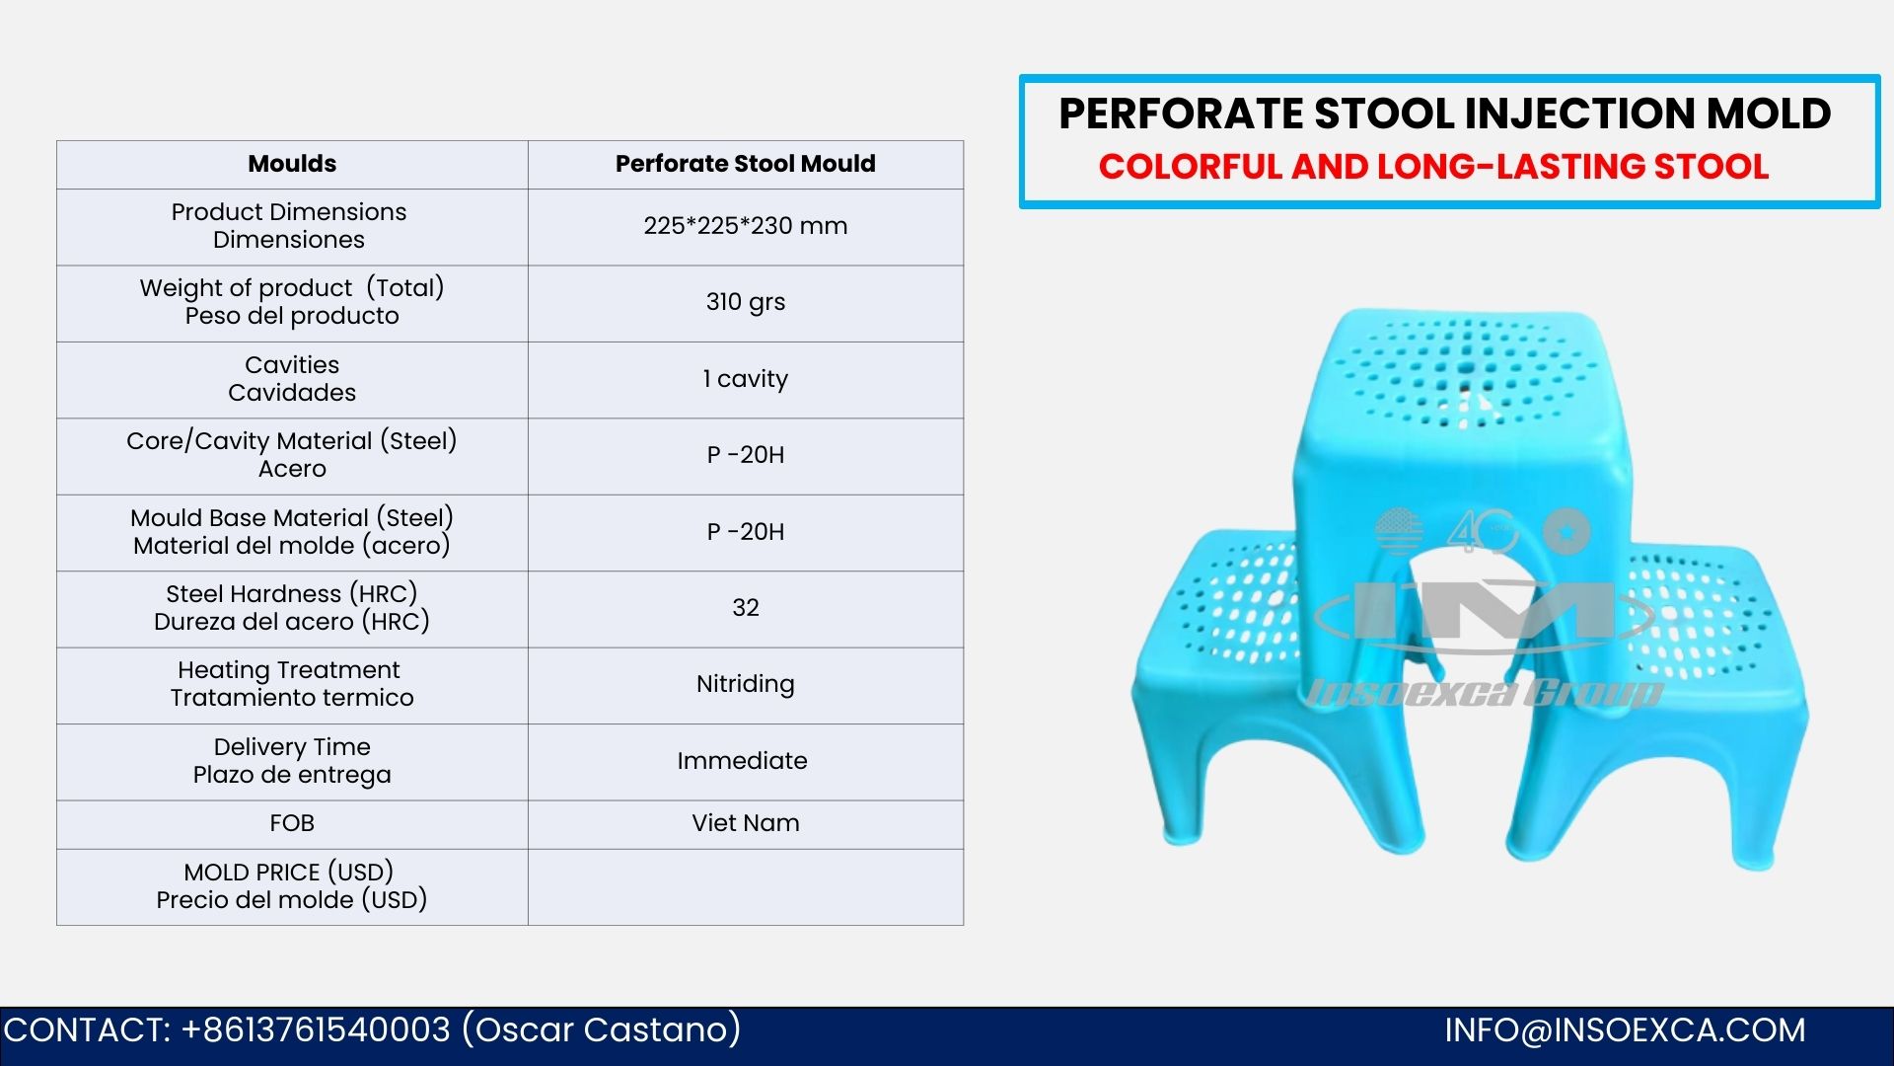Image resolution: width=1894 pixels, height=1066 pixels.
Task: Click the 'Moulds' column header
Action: (292, 164)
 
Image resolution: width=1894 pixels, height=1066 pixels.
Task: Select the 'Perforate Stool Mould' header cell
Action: (746, 164)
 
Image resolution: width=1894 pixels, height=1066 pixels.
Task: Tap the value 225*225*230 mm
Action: (746, 226)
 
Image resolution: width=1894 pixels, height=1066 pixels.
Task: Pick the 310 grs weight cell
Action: (746, 302)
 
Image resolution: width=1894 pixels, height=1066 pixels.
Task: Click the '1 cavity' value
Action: (746, 379)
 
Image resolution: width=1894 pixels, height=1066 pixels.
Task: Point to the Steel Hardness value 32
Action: (746, 608)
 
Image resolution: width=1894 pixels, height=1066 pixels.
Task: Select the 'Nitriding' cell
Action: (746, 684)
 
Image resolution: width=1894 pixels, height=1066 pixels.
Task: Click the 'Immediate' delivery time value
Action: (742, 761)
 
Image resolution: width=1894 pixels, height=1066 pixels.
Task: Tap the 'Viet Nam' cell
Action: (746, 823)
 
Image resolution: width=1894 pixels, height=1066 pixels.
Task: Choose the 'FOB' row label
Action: (292, 823)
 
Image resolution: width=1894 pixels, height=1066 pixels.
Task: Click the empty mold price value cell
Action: (746, 886)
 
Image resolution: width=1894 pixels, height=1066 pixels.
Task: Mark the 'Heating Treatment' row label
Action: (289, 670)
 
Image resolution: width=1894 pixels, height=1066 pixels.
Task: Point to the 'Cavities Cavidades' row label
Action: (292, 379)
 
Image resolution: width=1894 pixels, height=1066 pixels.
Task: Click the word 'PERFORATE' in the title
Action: (1181, 114)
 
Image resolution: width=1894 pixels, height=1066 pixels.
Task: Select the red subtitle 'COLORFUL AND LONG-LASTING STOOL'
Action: (1434, 167)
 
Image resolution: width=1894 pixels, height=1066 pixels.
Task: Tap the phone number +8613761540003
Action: (316, 1030)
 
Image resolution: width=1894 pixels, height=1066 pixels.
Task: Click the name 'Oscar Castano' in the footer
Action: (602, 1030)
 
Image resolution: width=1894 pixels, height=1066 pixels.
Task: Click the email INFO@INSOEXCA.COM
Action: (1625, 1030)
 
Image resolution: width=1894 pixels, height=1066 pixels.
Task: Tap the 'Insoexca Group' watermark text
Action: (1485, 693)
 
